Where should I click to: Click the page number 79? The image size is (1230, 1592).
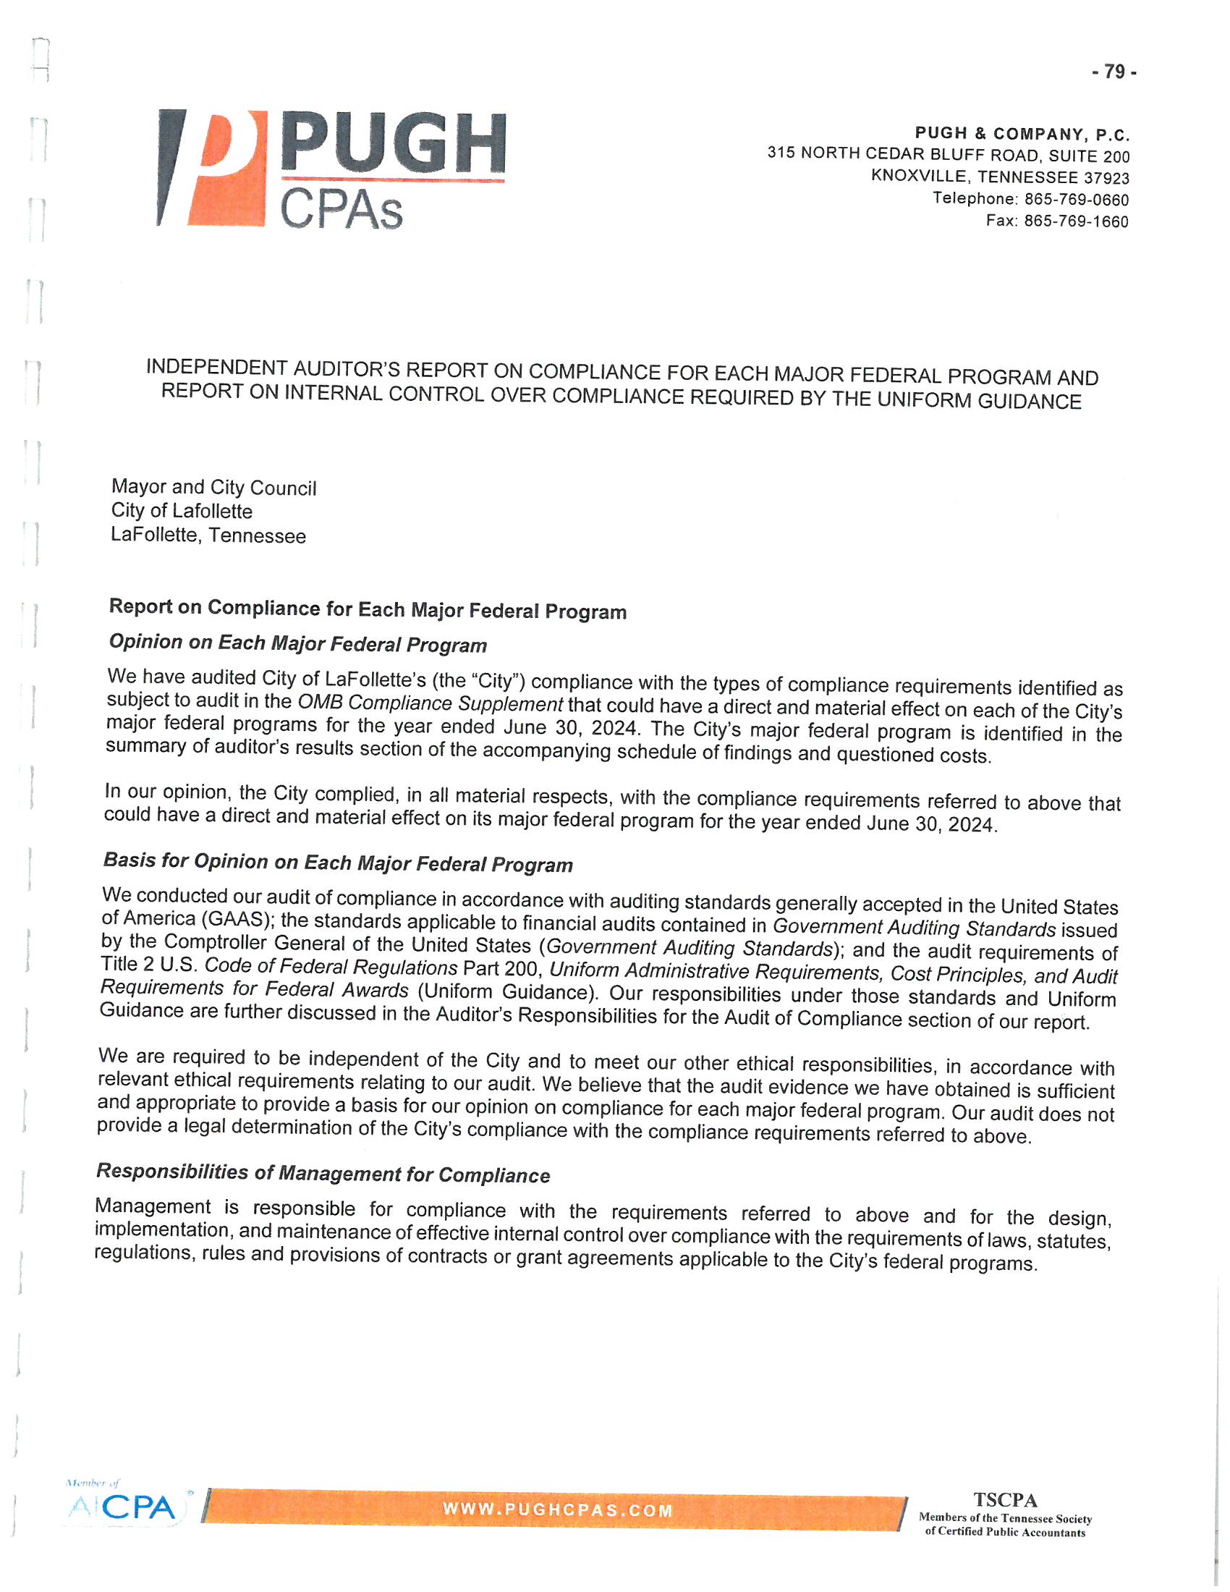1114,72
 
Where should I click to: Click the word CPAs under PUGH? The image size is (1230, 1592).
340,210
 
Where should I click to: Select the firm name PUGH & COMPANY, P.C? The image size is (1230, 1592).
1022,134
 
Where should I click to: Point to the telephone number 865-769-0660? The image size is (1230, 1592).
1077,200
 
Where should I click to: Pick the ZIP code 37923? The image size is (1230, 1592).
1106,178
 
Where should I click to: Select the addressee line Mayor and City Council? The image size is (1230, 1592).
213,488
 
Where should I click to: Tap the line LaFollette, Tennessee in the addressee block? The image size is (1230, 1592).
208,535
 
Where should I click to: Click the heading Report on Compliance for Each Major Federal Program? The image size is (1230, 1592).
368,609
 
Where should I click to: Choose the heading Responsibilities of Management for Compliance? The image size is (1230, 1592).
323,1173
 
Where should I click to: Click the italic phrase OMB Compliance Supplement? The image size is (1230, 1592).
430,703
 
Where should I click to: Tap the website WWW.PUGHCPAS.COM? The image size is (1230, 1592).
557,1510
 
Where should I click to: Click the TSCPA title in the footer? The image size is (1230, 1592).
1005,1500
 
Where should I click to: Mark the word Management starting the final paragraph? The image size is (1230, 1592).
153,1206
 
